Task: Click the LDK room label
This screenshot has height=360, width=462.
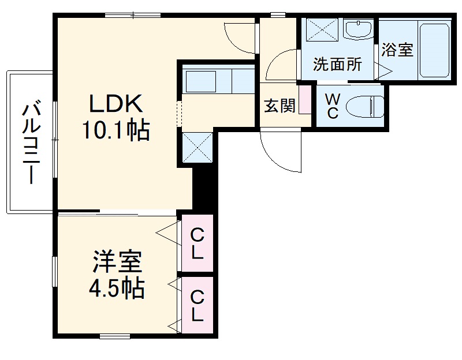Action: pyautogui.click(x=115, y=104)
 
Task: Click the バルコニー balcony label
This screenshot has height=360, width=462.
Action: pyautogui.click(x=32, y=142)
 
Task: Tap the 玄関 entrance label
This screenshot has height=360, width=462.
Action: pyautogui.click(x=280, y=106)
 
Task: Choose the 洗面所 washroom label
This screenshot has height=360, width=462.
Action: pyautogui.click(x=337, y=64)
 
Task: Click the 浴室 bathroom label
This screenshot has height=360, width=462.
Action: pyautogui.click(x=397, y=50)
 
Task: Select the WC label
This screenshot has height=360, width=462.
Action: pyautogui.click(x=333, y=104)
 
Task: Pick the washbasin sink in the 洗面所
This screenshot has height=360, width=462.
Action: pyautogui.click(x=359, y=28)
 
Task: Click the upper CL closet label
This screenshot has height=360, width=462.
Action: pyautogui.click(x=198, y=243)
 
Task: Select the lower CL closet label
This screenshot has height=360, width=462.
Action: pyautogui.click(x=198, y=306)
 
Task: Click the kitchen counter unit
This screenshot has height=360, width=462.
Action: pyautogui.click(x=218, y=80)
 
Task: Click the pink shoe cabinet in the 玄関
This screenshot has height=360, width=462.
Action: pyautogui.click(x=304, y=100)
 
